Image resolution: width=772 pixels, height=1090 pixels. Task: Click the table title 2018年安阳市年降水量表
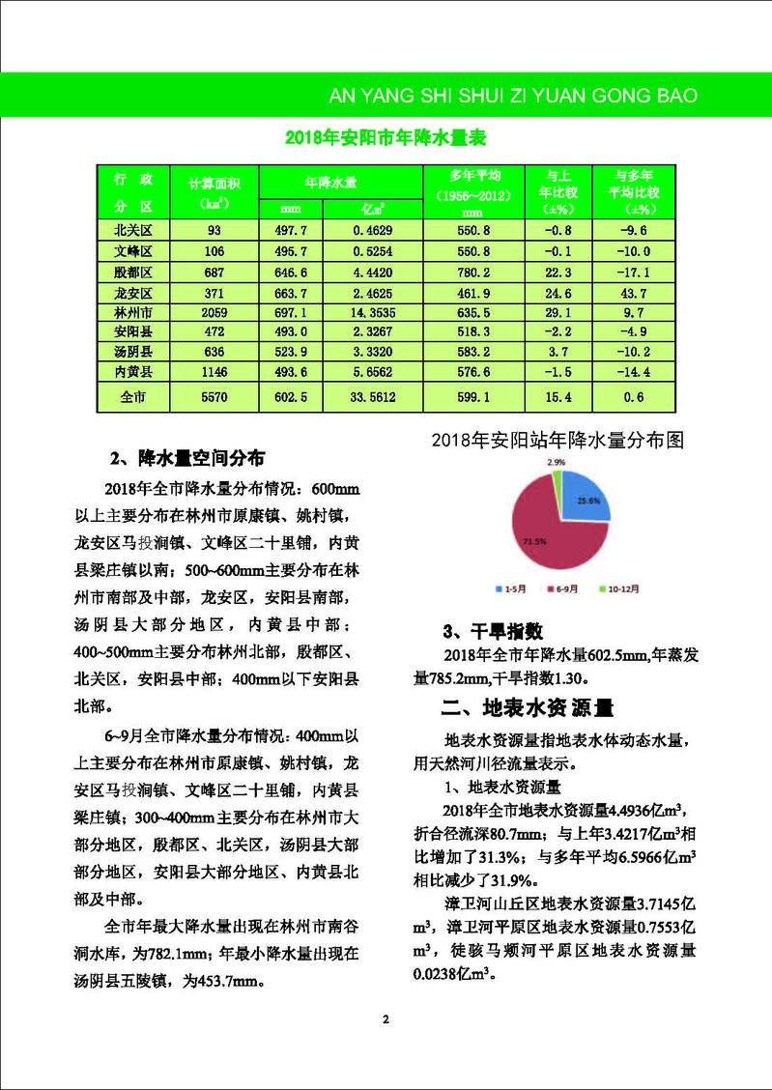385,138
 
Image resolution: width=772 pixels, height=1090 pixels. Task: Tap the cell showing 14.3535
371,312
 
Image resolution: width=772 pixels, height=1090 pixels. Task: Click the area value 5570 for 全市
213,397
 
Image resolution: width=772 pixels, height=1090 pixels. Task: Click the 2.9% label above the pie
556,463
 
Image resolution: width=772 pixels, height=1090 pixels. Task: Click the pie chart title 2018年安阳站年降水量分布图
559,441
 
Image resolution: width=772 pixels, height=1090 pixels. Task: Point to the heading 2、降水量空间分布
194,456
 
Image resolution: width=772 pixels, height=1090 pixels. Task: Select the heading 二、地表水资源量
527,706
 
